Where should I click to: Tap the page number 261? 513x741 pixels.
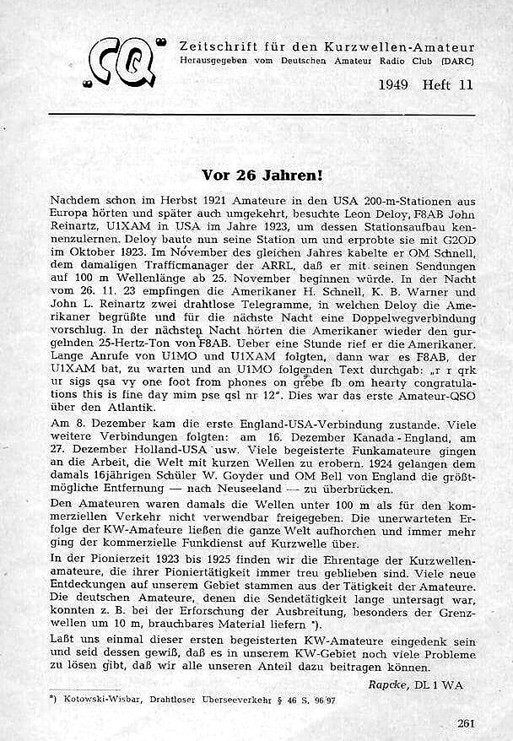tap(464, 722)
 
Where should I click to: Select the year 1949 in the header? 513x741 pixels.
tap(397, 84)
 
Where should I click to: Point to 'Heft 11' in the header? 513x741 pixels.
tap(449, 84)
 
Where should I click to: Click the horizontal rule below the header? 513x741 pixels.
tap(262, 112)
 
